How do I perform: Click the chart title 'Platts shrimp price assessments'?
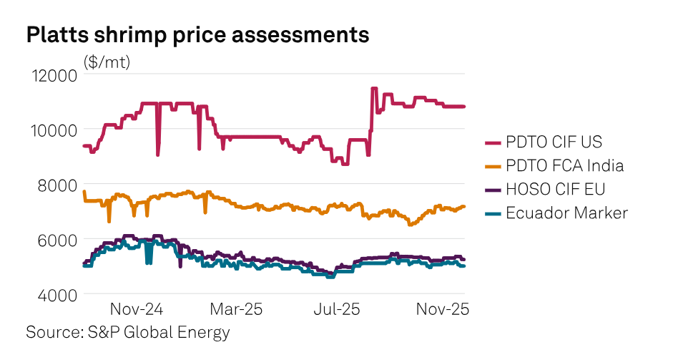pyautogui.click(x=197, y=35)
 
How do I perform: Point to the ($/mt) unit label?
pyautogui.click(x=107, y=62)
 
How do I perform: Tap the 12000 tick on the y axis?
pyautogui.click(x=51, y=75)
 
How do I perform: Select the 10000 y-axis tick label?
pyautogui.click(x=51, y=130)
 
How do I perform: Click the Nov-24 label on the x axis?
pyautogui.click(x=137, y=310)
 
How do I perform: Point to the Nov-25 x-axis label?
pyautogui.click(x=442, y=310)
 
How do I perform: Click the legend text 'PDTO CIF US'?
pyautogui.click(x=554, y=142)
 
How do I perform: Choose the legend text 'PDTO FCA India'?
pyautogui.click(x=565, y=166)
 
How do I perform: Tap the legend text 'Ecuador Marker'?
pyautogui.click(x=566, y=213)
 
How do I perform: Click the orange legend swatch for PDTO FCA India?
pyautogui.click(x=492, y=166)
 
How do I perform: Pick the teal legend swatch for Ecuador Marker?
pyautogui.click(x=492, y=213)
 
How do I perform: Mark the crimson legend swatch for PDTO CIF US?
pyautogui.click(x=492, y=142)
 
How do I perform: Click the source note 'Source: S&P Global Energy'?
pyautogui.click(x=128, y=333)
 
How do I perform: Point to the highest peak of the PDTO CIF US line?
pyautogui.click(x=373, y=89)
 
